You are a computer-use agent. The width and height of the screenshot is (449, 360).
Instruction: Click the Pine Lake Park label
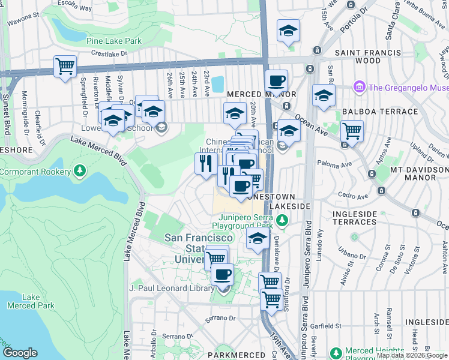point(113,41)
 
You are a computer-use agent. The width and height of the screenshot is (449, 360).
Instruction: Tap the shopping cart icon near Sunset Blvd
point(65,67)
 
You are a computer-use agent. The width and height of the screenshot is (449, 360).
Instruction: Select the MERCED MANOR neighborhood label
point(261,95)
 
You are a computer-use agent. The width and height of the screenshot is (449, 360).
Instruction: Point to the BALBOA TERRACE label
point(379,112)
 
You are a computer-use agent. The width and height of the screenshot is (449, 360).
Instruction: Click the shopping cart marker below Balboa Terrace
point(352,131)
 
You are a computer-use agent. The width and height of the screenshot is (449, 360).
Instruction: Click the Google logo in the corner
point(20,353)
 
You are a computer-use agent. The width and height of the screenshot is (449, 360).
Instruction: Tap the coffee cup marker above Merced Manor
point(276,81)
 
